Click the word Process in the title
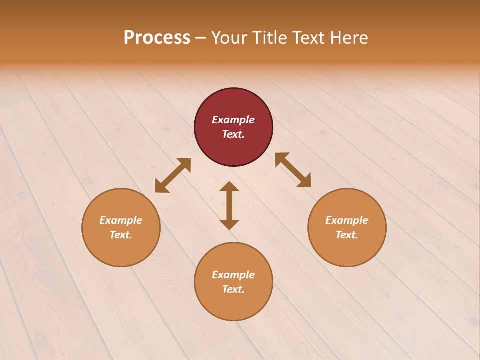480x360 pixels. [x=157, y=38]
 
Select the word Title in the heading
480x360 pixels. [x=269, y=38]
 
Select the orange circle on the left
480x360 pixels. [x=121, y=250]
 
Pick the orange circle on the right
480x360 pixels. [x=347, y=250]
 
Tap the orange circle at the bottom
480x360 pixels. [x=233, y=305]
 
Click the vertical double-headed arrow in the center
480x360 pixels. [x=229, y=205]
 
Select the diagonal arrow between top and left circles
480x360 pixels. [x=173, y=175]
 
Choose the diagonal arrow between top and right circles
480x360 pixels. [x=293, y=170]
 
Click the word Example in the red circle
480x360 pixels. [x=233, y=120]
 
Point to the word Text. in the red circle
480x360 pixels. [x=233, y=134]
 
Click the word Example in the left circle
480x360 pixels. [x=121, y=220]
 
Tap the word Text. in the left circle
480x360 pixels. [x=121, y=235]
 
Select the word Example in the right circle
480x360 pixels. [x=347, y=220]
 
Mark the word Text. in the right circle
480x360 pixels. [x=347, y=235]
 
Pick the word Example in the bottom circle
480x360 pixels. [x=233, y=275]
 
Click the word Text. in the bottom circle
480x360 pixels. [x=233, y=289]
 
